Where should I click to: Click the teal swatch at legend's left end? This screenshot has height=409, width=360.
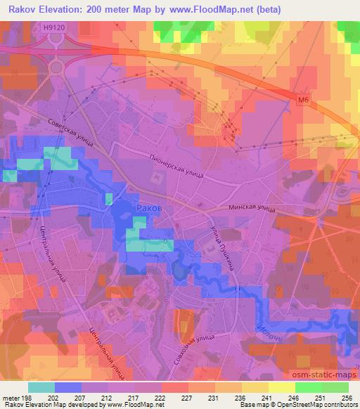41,387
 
